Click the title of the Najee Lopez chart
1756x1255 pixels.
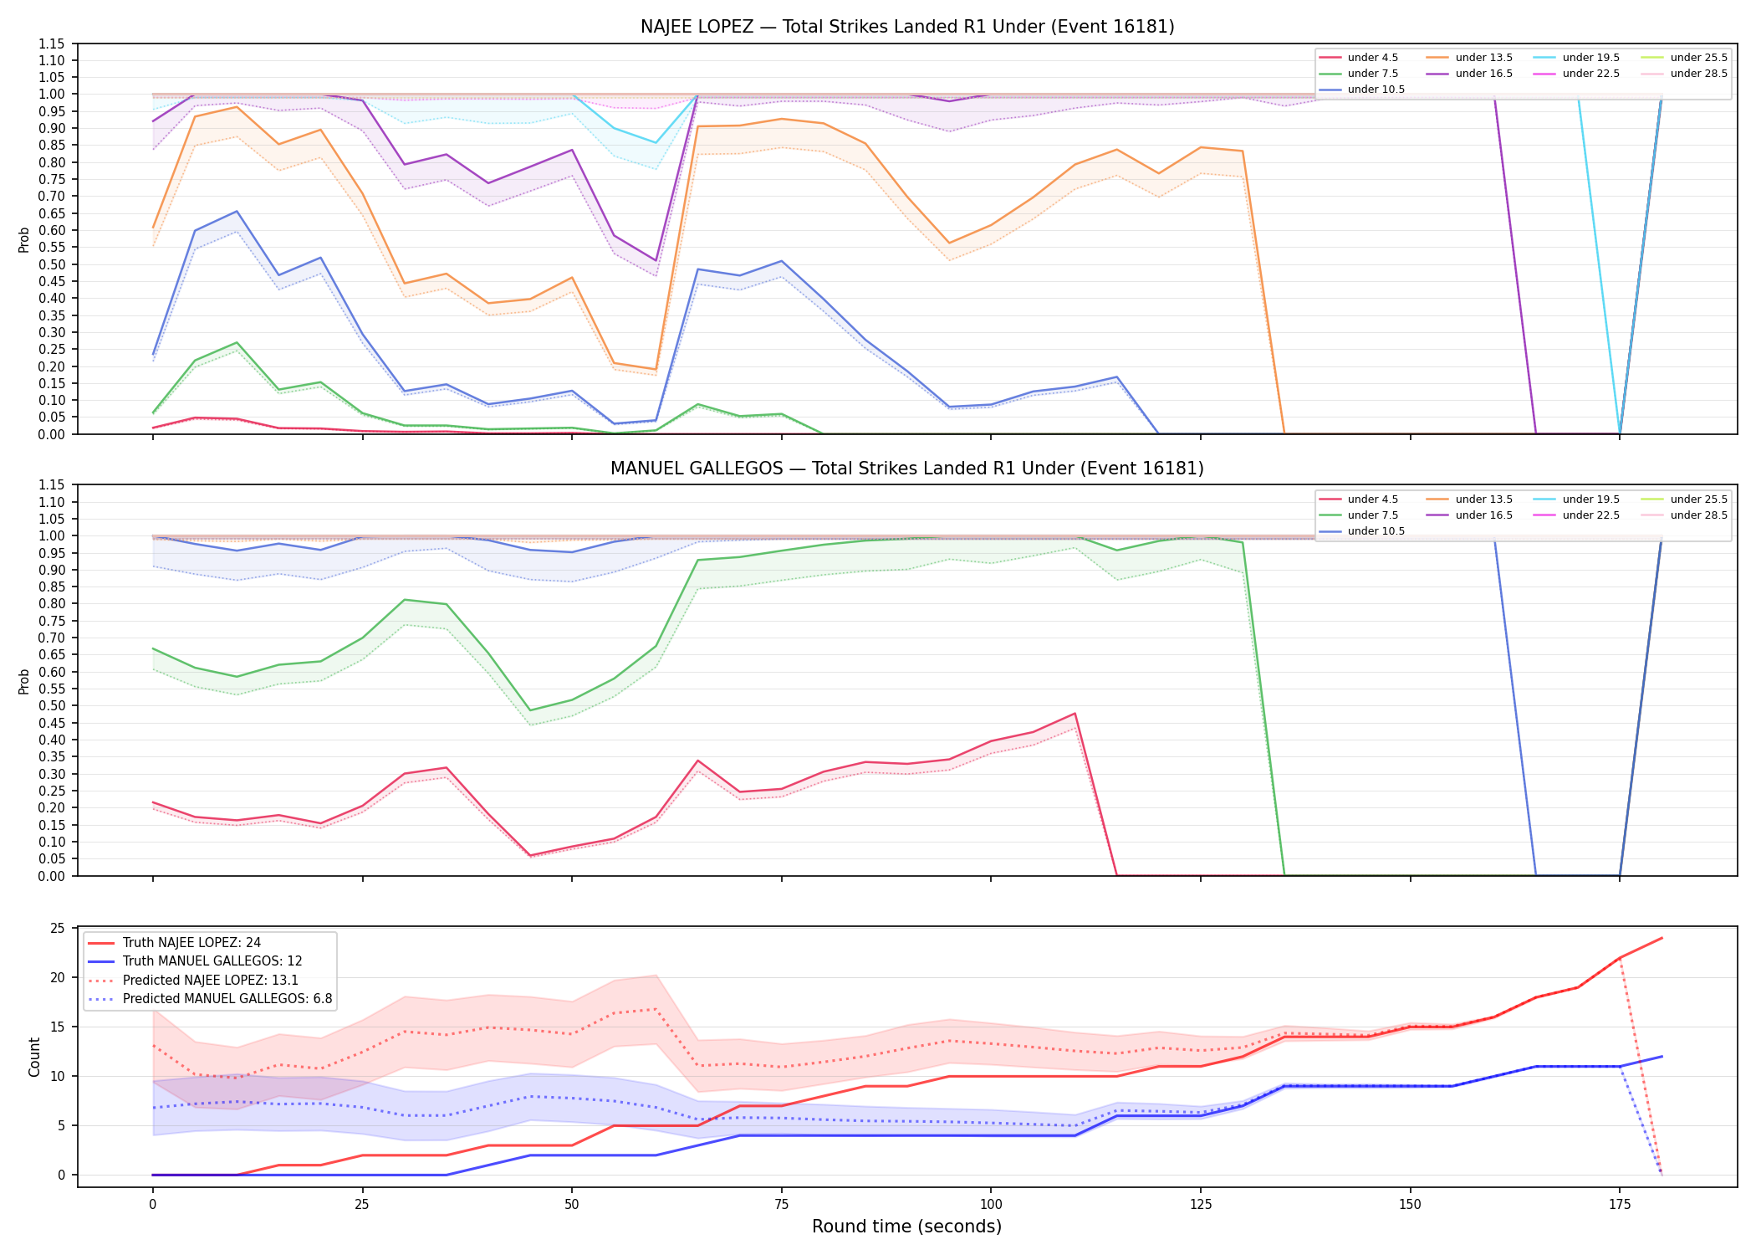[x=907, y=27]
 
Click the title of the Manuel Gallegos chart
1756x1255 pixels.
[x=907, y=469]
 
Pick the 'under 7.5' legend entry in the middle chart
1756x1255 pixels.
[x=1359, y=515]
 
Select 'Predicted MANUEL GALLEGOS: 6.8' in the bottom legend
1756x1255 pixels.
[x=210, y=999]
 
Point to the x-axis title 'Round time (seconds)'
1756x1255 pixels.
[x=906, y=1227]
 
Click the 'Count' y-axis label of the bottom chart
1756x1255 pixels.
[x=34, y=1057]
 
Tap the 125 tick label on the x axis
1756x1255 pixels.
[x=1200, y=1205]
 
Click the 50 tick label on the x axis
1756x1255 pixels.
[x=571, y=1205]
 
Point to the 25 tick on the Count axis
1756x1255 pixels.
[x=58, y=928]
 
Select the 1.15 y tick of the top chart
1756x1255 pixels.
[x=54, y=44]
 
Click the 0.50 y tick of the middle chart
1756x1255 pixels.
[x=54, y=706]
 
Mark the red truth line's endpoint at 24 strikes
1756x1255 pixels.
[x=1662, y=938]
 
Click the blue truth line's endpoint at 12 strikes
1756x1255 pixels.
[x=1662, y=1057]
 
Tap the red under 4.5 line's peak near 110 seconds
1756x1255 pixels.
[x=1075, y=714]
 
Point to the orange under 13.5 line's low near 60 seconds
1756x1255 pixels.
[x=656, y=369]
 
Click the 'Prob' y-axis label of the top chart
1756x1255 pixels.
[x=24, y=240]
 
